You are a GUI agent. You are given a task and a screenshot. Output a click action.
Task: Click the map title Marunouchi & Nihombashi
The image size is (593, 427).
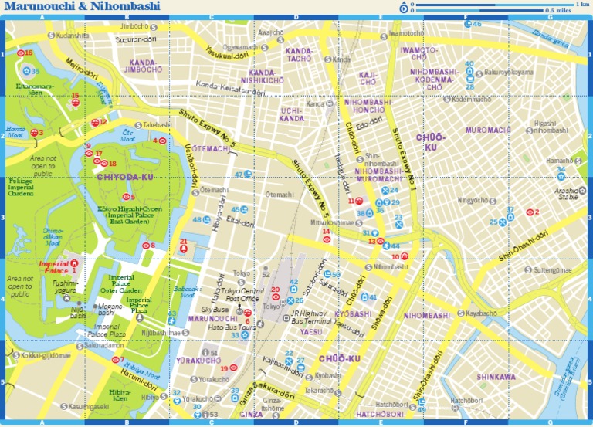tap(83, 7)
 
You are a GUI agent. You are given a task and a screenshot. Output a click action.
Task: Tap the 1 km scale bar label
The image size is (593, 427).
tap(581, 5)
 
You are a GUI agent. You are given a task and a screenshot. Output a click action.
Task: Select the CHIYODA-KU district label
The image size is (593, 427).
tap(125, 178)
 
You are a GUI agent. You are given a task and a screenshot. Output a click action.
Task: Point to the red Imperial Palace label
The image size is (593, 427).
tap(54, 266)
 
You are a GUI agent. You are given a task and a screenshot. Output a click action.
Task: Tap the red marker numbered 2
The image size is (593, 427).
tap(530, 212)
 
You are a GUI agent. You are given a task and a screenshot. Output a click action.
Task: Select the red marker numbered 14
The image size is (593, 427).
tap(327, 239)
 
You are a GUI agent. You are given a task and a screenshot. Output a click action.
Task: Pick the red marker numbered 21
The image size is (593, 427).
tap(183, 249)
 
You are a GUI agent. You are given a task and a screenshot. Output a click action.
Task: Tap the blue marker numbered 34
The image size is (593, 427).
tap(561, 177)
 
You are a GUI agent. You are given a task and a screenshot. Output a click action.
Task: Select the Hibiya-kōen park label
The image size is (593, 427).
tap(119, 395)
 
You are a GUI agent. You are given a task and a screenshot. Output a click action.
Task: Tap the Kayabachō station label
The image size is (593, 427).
tap(480, 314)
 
